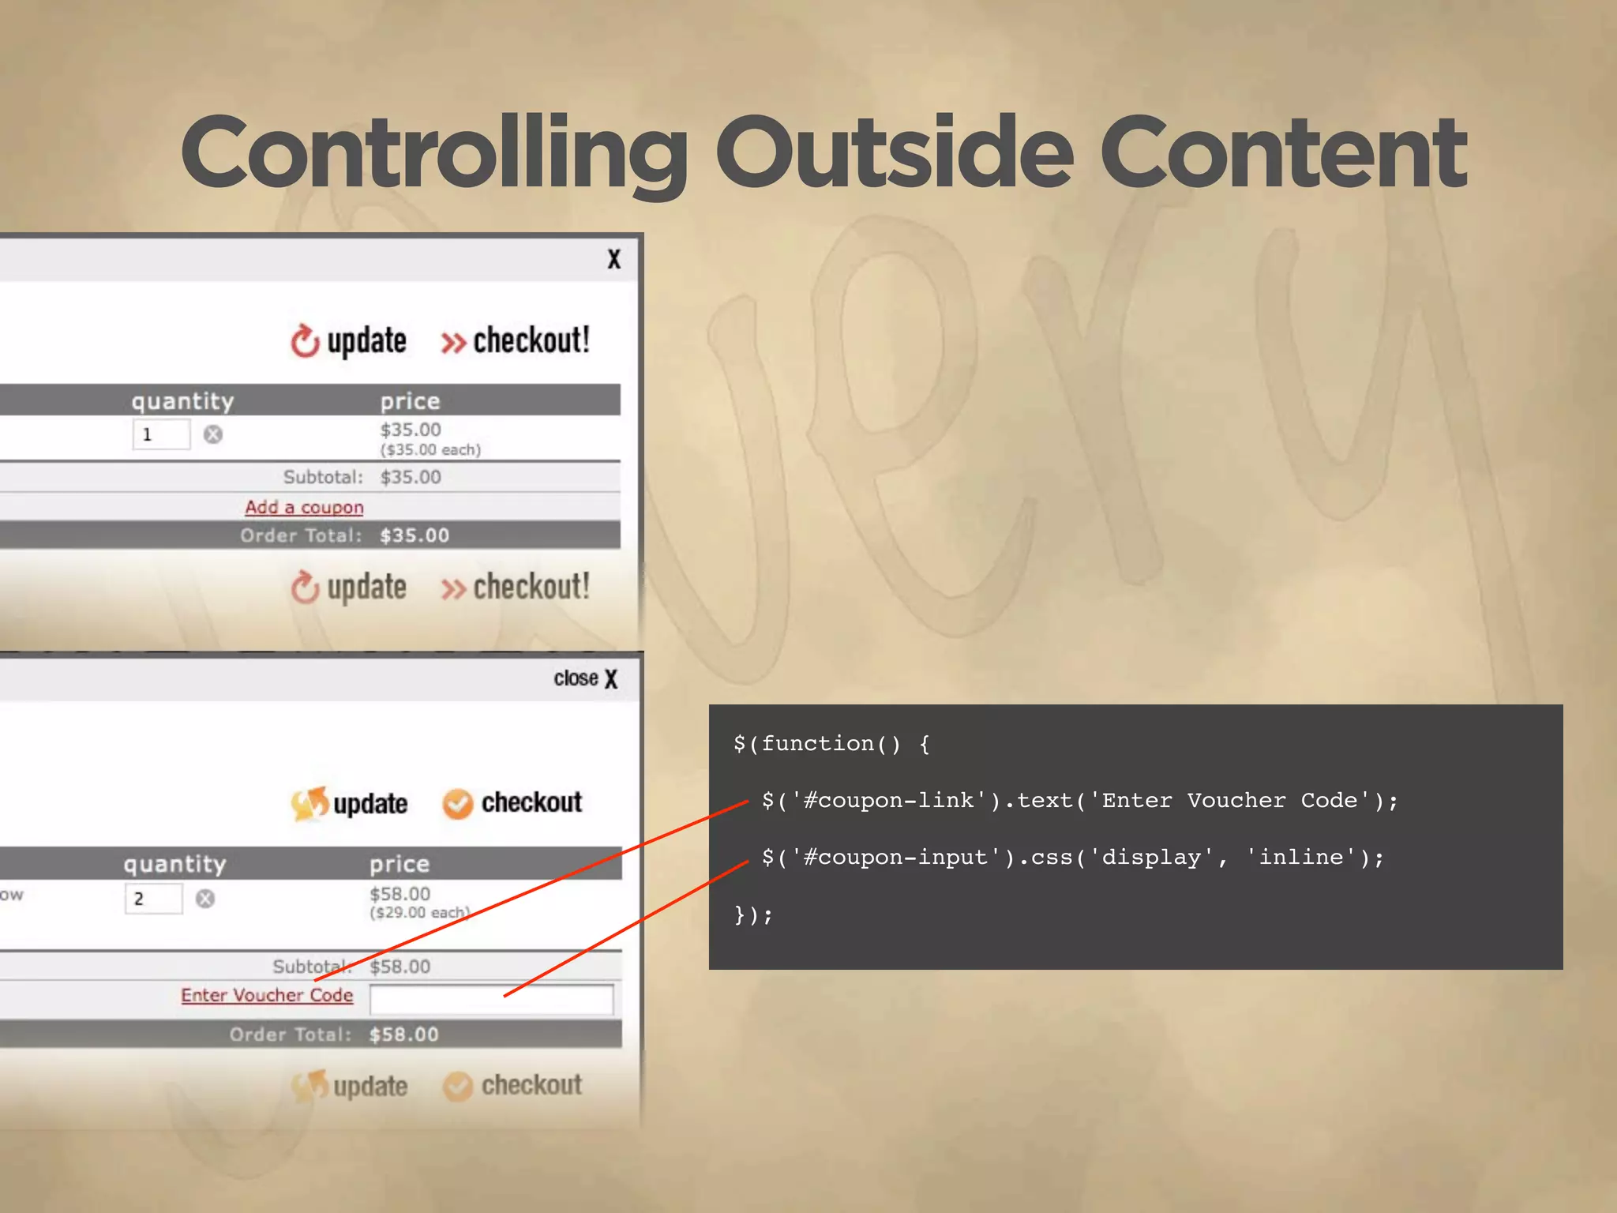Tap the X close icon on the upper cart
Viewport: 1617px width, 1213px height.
[613, 259]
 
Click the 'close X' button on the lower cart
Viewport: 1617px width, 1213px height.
[585, 678]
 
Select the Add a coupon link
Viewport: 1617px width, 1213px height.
[304, 507]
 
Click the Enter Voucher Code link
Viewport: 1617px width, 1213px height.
[267, 995]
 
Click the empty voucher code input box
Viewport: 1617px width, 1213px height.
[491, 999]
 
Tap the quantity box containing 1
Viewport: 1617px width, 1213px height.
[161, 434]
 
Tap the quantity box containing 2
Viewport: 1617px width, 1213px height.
[153, 899]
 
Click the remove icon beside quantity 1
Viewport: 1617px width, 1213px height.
[213, 434]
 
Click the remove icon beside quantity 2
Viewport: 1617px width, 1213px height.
[205, 899]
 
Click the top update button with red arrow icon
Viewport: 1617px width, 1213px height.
[348, 341]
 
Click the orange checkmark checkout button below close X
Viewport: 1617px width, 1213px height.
[512, 803]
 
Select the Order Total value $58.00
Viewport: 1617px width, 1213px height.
[403, 1035]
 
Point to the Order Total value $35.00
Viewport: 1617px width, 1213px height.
[414, 535]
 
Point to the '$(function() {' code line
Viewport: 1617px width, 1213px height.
[831, 744]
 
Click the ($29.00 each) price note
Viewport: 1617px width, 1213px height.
[419, 913]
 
